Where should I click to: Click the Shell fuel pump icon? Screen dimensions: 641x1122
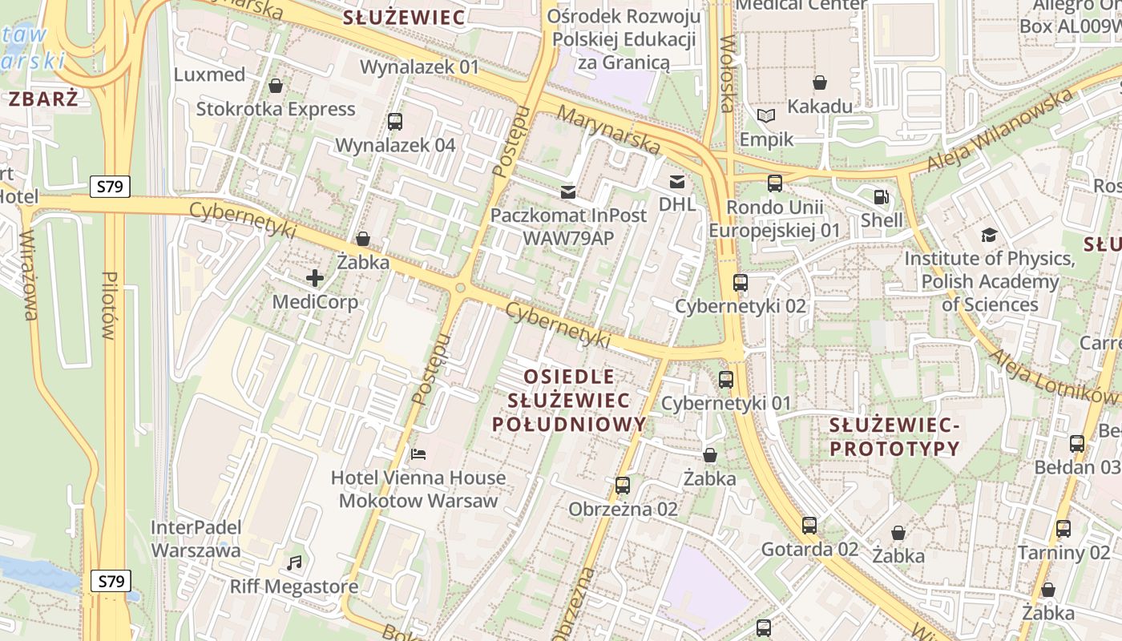[881, 196]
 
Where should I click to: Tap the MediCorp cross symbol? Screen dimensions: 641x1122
[315, 278]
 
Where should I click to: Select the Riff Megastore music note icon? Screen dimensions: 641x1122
[294, 562]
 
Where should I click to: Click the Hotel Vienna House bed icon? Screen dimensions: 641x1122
[418, 454]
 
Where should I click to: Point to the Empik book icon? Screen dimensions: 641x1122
[766, 116]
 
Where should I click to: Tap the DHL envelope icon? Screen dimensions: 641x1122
[677, 181]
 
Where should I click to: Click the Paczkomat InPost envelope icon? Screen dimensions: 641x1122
[568, 191]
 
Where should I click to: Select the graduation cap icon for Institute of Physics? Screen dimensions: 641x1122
[989, 235]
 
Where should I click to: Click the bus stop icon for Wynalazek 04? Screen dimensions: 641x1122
[394, 122]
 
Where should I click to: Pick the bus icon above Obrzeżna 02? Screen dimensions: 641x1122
[623, 485]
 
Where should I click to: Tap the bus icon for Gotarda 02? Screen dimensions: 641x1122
[809, 526]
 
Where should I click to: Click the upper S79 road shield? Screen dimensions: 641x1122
[110, 187]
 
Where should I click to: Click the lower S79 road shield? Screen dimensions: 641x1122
[110, 581]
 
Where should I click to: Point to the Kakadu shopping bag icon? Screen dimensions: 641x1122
[819, 83]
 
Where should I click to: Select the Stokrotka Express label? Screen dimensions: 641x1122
[276, 109]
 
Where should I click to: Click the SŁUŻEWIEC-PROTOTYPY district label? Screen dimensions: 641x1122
[894, 437]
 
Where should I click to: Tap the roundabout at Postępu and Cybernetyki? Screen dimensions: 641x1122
[460, 288]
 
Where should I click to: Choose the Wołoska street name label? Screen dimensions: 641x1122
[726, 74]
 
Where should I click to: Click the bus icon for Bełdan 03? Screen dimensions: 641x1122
[1077, 443]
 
